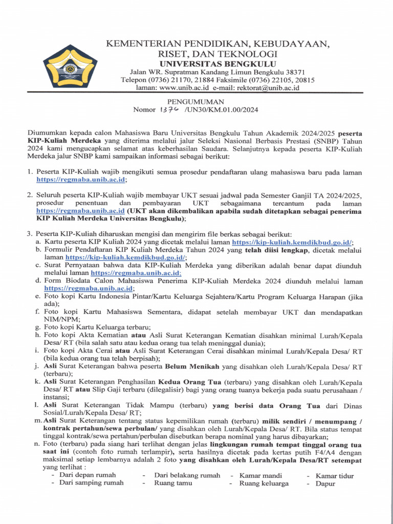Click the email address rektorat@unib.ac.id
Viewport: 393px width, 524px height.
pyautogui.click(x=260, y=88)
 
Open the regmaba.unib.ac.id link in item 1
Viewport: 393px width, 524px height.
pyautogui.click(x=80, y=180)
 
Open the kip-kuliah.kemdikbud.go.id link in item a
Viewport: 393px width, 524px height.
pyautogui.click(x=292, y=242)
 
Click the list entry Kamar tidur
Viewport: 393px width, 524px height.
pyautogui.click(x=335, y=475)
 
